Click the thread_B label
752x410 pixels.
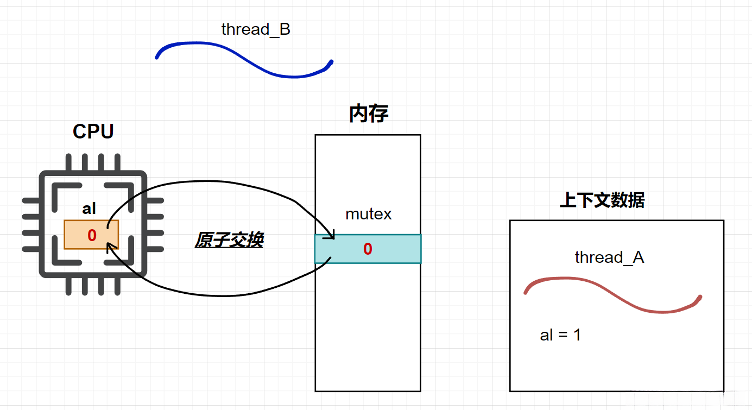(x=256, y=29)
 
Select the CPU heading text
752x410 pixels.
(x=93, y=131)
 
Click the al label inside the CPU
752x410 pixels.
(x=89, y=209)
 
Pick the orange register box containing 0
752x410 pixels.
(x=91, y=235)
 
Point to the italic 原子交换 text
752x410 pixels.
(x=229, y=240)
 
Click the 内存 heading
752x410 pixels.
(x=369, y=113)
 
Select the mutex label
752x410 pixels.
(x=369, y=214)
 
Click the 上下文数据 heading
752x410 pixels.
(x=602, y=200)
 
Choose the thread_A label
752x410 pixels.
(x=609, y=257)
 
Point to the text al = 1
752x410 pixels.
(x=560, y=335)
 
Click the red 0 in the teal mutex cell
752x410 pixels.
(x=368, y=249)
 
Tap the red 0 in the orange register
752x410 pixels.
(x=92, y=235)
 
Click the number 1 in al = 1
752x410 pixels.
(x=577, y=335)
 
